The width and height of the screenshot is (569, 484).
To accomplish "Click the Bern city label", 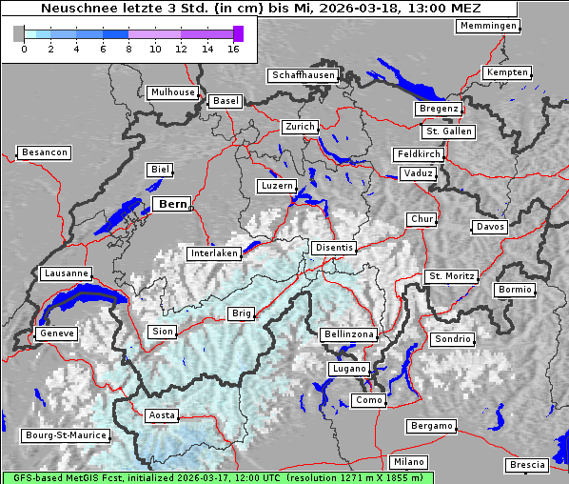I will coord(172,204).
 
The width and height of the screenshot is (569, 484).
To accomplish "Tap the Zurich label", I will coord(299,127).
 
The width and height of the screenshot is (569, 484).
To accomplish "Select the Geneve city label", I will coord(55,333).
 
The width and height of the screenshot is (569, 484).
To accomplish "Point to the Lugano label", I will coord(348,369).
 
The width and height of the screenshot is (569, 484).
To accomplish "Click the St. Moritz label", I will coord(451,276).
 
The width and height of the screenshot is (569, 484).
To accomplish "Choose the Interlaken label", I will coord(213,253).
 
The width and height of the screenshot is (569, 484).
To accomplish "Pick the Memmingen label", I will coord(488,26).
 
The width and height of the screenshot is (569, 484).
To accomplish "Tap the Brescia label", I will coord(527,464).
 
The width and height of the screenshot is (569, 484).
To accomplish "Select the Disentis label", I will coord(333,248).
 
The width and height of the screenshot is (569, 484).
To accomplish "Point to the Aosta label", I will coord(162,415).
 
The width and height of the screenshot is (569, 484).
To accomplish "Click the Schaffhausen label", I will coord(302,74).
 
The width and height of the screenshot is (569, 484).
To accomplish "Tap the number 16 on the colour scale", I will coord(234,48).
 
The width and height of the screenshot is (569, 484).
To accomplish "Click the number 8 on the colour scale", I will coord(128,48).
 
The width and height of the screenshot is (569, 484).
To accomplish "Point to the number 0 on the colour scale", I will coord(23,48).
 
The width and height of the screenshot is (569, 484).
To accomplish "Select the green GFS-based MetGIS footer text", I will coord(217,477).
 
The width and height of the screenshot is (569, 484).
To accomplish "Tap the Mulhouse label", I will coord(172,92).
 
